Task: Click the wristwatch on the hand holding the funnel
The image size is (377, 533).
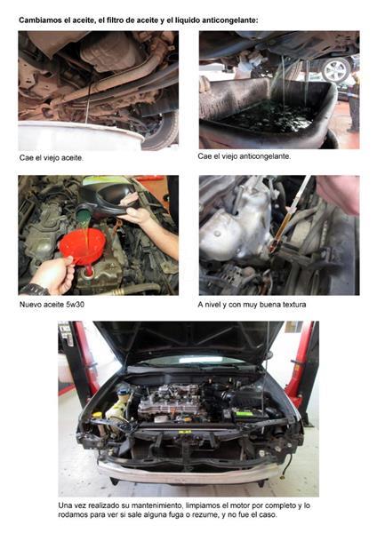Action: coord(34,290)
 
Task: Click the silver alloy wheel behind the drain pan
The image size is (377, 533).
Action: coord(336,70)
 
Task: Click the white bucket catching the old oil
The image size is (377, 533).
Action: coord(80,136)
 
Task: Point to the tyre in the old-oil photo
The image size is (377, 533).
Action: coord(162,131)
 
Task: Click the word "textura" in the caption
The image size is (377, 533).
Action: coord(293,304)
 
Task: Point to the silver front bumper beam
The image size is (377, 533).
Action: coord(189,473)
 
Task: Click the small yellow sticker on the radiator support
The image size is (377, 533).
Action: coord(185,432)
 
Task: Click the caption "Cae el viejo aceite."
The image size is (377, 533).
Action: coord(52,158)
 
